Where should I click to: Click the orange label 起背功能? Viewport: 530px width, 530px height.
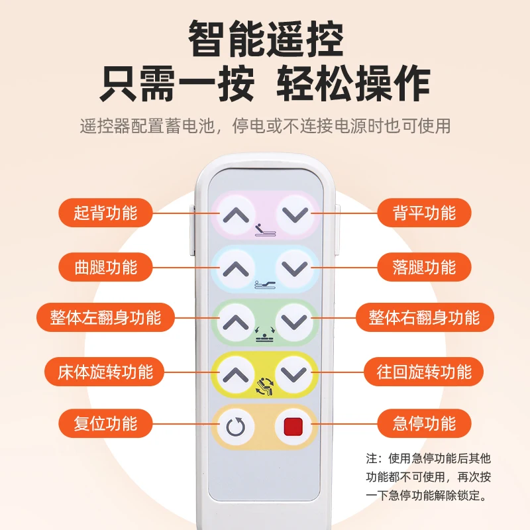[105, 213]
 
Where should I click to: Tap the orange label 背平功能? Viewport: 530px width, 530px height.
[425, 213]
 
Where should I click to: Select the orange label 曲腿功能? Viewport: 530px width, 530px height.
[105, 267]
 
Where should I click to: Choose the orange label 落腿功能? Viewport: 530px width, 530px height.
[425, 267]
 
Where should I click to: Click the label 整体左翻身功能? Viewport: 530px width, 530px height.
[106, 317]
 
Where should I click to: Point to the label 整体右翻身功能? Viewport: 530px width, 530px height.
[424, 317]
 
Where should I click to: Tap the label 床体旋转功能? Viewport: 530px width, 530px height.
[105, 372]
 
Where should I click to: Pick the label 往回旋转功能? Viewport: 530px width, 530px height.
[425, 372]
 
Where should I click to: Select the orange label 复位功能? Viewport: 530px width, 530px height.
[105, 423]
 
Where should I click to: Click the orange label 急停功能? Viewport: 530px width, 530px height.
[425, 423]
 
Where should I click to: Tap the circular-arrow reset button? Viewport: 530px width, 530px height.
[236, 426]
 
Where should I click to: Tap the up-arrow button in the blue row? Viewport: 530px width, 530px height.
[236, 268]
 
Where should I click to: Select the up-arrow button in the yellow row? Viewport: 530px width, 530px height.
[236, 375]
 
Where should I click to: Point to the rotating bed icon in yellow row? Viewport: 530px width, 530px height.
[264, 386]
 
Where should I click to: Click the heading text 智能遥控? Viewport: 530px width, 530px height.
[266, 40]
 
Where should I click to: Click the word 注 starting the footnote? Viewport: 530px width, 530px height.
[371, 458]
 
